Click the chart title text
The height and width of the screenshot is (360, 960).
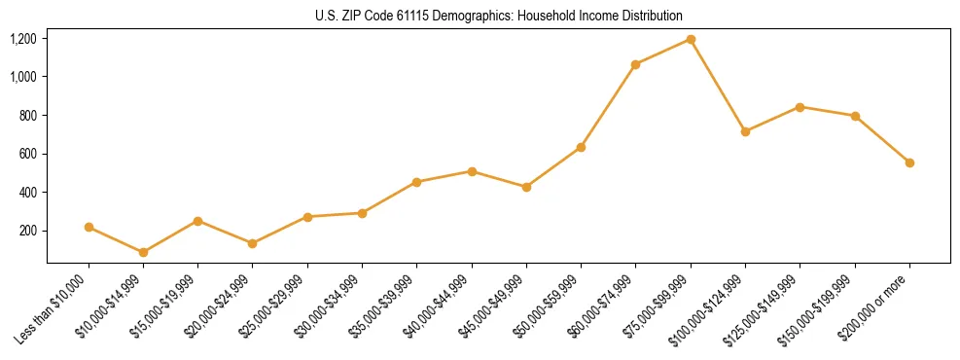tap(499, 16)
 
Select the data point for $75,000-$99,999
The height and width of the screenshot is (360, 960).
tap(691, 39)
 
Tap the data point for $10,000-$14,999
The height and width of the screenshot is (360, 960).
tap(144, 252)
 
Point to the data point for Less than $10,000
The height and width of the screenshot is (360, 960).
tap(89, 227)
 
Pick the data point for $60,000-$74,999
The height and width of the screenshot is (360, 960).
tap(636, 64)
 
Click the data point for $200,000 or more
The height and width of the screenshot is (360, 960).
tap(909, 162)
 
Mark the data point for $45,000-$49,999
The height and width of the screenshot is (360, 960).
tap(526, 187)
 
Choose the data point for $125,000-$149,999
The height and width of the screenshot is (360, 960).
tap(800, 107)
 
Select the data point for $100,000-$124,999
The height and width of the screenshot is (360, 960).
tap(745, 131)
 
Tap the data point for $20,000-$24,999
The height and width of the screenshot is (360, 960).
tap(253, 243)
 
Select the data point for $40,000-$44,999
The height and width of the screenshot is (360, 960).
tap(472, 171)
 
